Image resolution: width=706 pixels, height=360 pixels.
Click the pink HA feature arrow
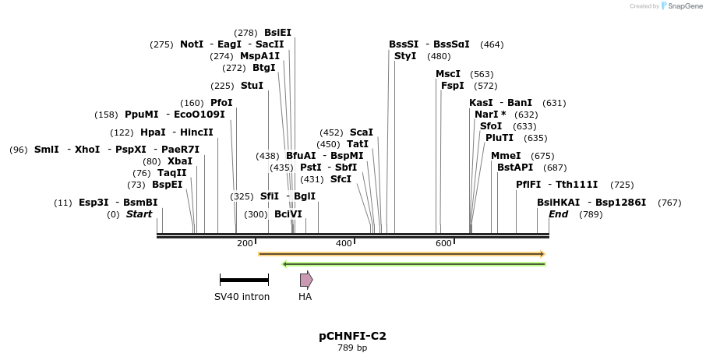[306, 280]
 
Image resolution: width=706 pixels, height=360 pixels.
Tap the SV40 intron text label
[242, 297]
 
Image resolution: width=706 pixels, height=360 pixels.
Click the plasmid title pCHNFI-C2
[352, 337]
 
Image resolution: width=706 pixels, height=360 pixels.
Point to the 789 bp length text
[352, 348]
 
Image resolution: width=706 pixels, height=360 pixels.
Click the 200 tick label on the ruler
[245, 244]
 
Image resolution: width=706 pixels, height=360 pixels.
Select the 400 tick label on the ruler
[344, 244]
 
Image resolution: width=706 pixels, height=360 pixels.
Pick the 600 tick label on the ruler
[443, 244]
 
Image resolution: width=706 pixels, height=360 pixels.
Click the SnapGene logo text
[678, 6]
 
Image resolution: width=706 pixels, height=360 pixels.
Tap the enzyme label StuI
[252, 86]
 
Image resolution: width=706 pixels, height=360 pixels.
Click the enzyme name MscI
[448, 74]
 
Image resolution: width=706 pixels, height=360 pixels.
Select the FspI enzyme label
[453, 86]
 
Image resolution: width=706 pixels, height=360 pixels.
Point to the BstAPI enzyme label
[515, 168]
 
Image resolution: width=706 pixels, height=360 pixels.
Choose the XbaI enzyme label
[180, 161]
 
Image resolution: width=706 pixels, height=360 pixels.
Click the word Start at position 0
[139, 214]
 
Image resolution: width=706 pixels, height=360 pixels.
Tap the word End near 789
[558, 214]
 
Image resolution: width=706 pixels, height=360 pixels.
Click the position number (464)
[492, 45]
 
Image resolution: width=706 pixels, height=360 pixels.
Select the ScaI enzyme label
[362, 132]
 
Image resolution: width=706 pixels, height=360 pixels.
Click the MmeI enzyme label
[506, 156]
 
